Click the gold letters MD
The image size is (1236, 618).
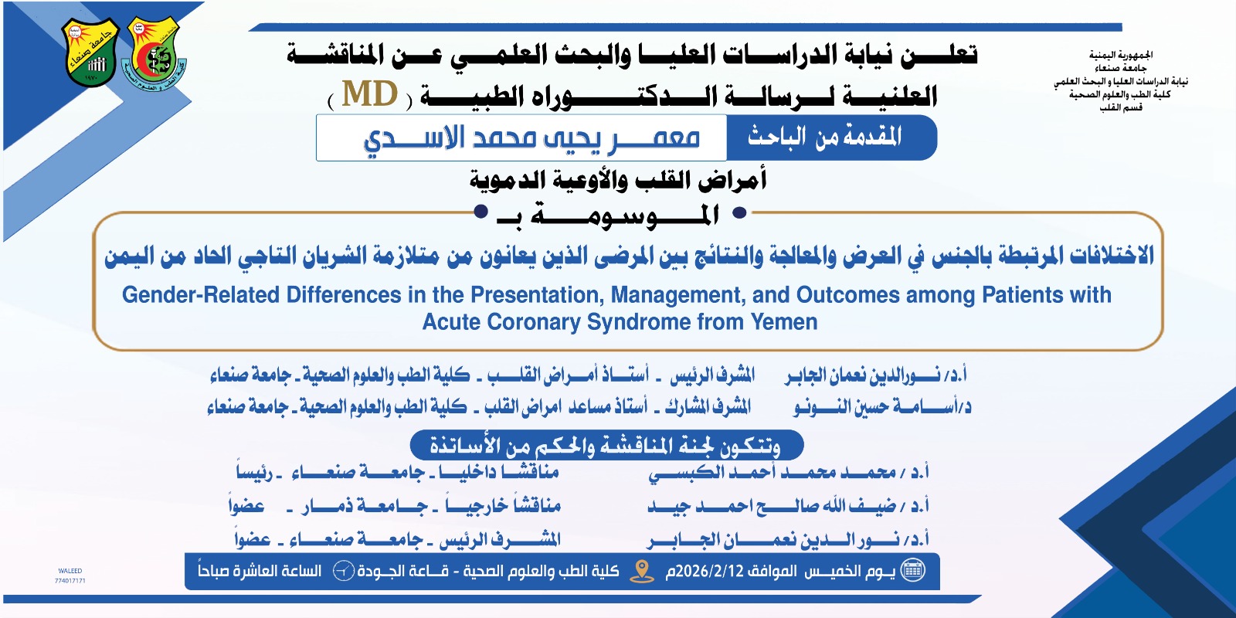(x=370, y=93)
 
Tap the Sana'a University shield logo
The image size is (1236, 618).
(x=90, y=53)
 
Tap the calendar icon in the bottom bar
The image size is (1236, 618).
(x=912, y=570)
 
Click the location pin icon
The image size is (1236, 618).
(x=642, y=571)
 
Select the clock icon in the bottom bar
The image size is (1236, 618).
(x=343, y=571)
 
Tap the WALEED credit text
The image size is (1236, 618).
(x=70, y=571)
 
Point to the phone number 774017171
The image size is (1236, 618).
(x=70, y=580)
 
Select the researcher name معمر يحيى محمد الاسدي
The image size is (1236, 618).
(x=531, y=138)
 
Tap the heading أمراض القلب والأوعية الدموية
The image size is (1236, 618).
(x=618, y=180)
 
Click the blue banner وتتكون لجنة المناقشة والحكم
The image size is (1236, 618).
(x=606, y=445)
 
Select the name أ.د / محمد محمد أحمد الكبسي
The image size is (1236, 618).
(x=789, y=473)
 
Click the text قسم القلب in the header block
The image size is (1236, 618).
(x=1121, y=107)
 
